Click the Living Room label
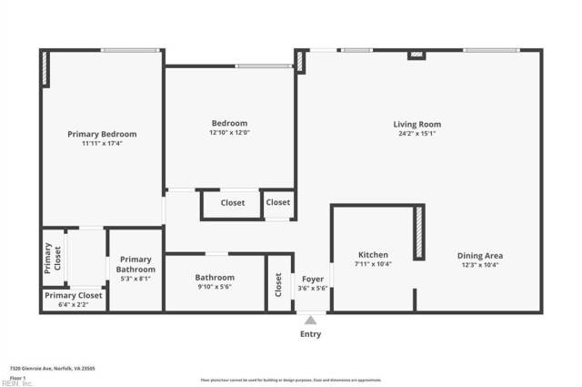click(x=416, y=124)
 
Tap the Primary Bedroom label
click(x=102, y=134)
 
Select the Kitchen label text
click(x=372, y=255)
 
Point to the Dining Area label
click(x=479, y=256)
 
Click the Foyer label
click(x=313, y=279)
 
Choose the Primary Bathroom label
click(x=135, y=264)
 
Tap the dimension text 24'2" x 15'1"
click(x=416, y=134)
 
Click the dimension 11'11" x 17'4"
click(x=102, y=144)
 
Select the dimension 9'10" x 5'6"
click(x=215, y=288)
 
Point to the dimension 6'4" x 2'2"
click(x=74, y=305)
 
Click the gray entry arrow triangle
click(x=311, y=320)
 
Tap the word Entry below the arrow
click(x=311, y=334)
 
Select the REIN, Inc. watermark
click(x=16, y=383)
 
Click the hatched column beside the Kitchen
click(x=419, y=233)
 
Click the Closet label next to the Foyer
click(x=278, y=286)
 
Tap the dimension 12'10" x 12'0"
click(x=230, y=133)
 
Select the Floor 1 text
click(x=17, y=377)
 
